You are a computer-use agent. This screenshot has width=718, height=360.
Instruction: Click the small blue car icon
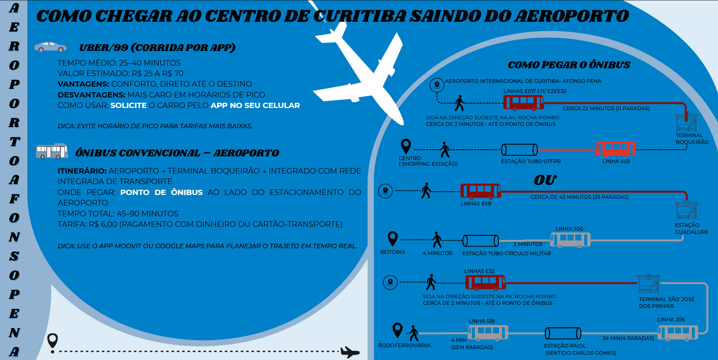pyautogui.click(x=50, y=47)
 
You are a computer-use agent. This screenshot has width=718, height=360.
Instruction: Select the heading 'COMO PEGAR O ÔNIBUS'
pyautogui.click(x=569, y=65)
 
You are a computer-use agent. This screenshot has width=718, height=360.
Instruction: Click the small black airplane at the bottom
pyautogui.click(x=350, y=352)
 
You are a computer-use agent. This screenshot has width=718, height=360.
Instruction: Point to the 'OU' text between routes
pyautogui.click(x=545, y=180)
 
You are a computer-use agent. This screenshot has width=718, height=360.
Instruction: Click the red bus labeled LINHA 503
pyautogui.click(x=616, y=149)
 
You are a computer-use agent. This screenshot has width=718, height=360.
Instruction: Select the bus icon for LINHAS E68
pyautogui.click(x=480, y=191)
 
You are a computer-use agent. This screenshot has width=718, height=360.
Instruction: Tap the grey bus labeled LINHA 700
pyautogui.click(x=570, y=240)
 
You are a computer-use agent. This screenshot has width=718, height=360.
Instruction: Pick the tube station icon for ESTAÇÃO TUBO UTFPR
pyautogui.click(x=519, y=150)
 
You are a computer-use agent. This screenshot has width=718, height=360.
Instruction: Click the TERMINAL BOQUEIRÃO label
pyautogui.click(x=692, y=139)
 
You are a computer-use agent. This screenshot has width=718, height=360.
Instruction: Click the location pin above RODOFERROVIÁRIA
pyautogui.click(x=397, y=330)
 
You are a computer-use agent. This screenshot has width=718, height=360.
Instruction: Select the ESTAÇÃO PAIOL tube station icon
pyautogui.click(x=563, y=333)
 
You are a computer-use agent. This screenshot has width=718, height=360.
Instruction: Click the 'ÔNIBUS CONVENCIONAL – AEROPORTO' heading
pyautogui.click(x=177, y=153)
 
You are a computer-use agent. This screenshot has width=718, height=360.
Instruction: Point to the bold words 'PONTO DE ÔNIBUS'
pyautogui.click(x=161, y=192)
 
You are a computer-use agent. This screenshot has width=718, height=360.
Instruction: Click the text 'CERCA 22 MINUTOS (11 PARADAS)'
pyautogui.click(x=606, y=108)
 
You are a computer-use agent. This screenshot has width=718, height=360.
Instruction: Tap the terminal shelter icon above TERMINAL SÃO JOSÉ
pyautogui.click(x=648, y=284)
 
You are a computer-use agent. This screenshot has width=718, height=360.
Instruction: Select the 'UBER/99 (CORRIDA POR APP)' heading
pyautogui.click(x=157, y=48)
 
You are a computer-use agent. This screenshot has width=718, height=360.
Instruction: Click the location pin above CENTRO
pyautogui.click(x=406, y=146)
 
